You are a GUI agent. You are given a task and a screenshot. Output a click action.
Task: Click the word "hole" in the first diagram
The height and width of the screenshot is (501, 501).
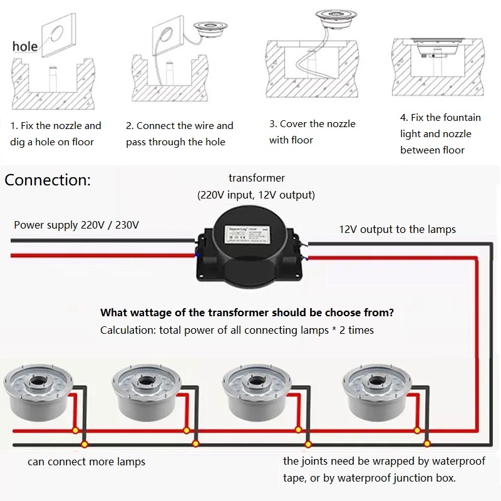click(25, 46)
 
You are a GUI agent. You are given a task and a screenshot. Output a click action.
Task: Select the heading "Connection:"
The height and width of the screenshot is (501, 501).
click(48, 180)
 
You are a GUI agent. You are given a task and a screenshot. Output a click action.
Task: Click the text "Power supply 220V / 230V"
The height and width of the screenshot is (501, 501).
click(76, 225)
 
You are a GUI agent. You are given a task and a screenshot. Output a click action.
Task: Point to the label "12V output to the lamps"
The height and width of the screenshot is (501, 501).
click(397, 229)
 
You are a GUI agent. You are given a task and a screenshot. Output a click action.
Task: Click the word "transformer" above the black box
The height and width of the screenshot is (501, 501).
click(257, 178)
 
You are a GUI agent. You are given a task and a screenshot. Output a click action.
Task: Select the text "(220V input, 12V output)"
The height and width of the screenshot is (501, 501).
click(256, 195)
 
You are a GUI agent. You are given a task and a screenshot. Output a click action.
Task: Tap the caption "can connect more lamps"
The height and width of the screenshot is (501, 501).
click(86, 462)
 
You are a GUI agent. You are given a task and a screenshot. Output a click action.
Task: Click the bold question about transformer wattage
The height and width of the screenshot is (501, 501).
click(247, 312)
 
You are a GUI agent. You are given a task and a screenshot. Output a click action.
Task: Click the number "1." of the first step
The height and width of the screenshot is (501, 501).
click(14, 126)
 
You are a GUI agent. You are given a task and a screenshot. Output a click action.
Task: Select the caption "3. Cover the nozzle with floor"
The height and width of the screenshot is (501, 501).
click(312, 132)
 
